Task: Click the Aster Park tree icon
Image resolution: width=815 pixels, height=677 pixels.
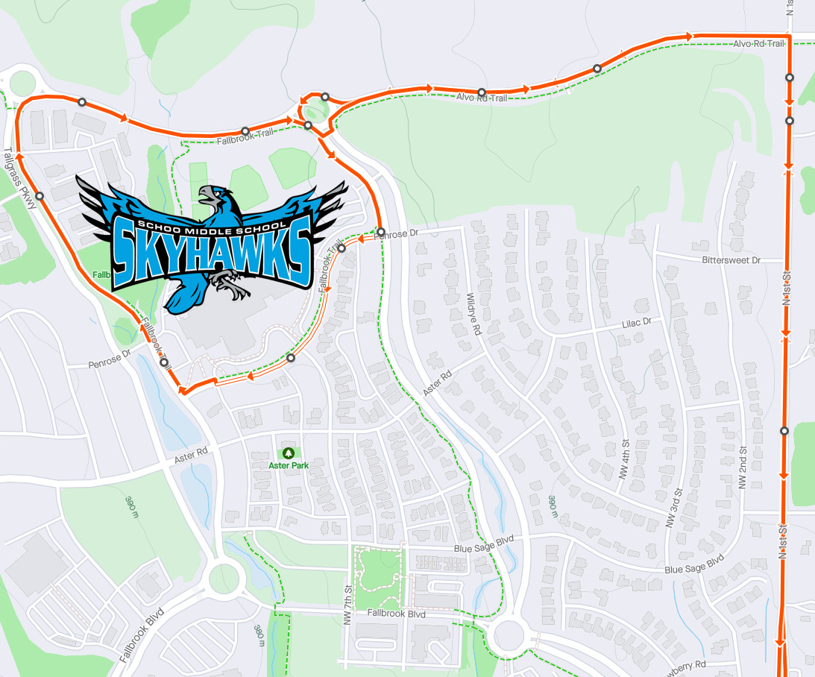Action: [x=289, y=453]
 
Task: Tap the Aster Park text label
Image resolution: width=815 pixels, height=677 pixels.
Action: [x=289, y=465]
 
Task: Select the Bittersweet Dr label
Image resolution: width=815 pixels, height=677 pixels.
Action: [x=731, y=260]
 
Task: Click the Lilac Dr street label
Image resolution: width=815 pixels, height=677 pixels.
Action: [x=637, y=322]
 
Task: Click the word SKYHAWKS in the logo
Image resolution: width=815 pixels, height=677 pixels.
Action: [x=211, y=250]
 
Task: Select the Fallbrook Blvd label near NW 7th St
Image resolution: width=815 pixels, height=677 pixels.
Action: [x=396, y=614]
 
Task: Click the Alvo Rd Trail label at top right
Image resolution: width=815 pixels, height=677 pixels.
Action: [x=758, y=44]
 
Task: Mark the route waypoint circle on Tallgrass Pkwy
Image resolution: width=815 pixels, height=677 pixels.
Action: [x=40, y=196]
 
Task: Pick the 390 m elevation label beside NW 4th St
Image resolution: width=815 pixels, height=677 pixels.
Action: [x=553, y=506]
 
